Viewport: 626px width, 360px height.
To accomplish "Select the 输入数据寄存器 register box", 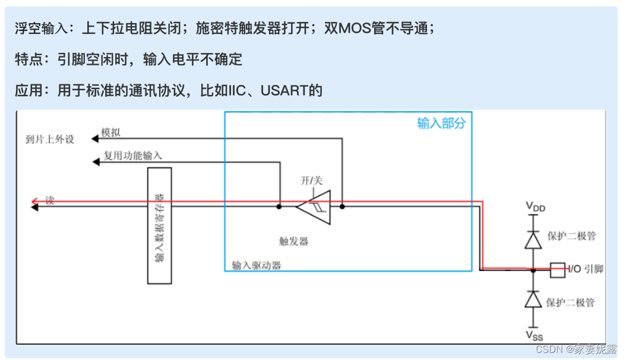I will pos(159,225).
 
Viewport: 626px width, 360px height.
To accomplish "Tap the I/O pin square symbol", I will pos(558,270).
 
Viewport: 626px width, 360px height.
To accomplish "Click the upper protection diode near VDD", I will pos(533,239).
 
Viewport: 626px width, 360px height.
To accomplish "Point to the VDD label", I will pos(535,207).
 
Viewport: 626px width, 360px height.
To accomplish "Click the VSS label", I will pos(534,334).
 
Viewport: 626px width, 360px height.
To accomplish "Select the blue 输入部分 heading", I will pos(441,124).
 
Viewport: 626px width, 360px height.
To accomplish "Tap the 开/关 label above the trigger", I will pos(311,180).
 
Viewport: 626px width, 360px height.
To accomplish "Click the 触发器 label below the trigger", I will pos(293,241).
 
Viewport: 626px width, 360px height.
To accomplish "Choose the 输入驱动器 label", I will pos(256,265).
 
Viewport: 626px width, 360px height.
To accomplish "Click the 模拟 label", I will pos(110,132).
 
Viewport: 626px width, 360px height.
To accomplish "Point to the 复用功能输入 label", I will pos(132,156).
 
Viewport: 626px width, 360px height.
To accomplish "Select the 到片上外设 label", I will pos(50,140).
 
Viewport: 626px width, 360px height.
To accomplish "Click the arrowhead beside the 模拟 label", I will pos(94,138).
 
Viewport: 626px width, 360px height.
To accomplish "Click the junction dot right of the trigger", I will pos(343,207).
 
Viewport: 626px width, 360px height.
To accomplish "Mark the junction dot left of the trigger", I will pos(279,207).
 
